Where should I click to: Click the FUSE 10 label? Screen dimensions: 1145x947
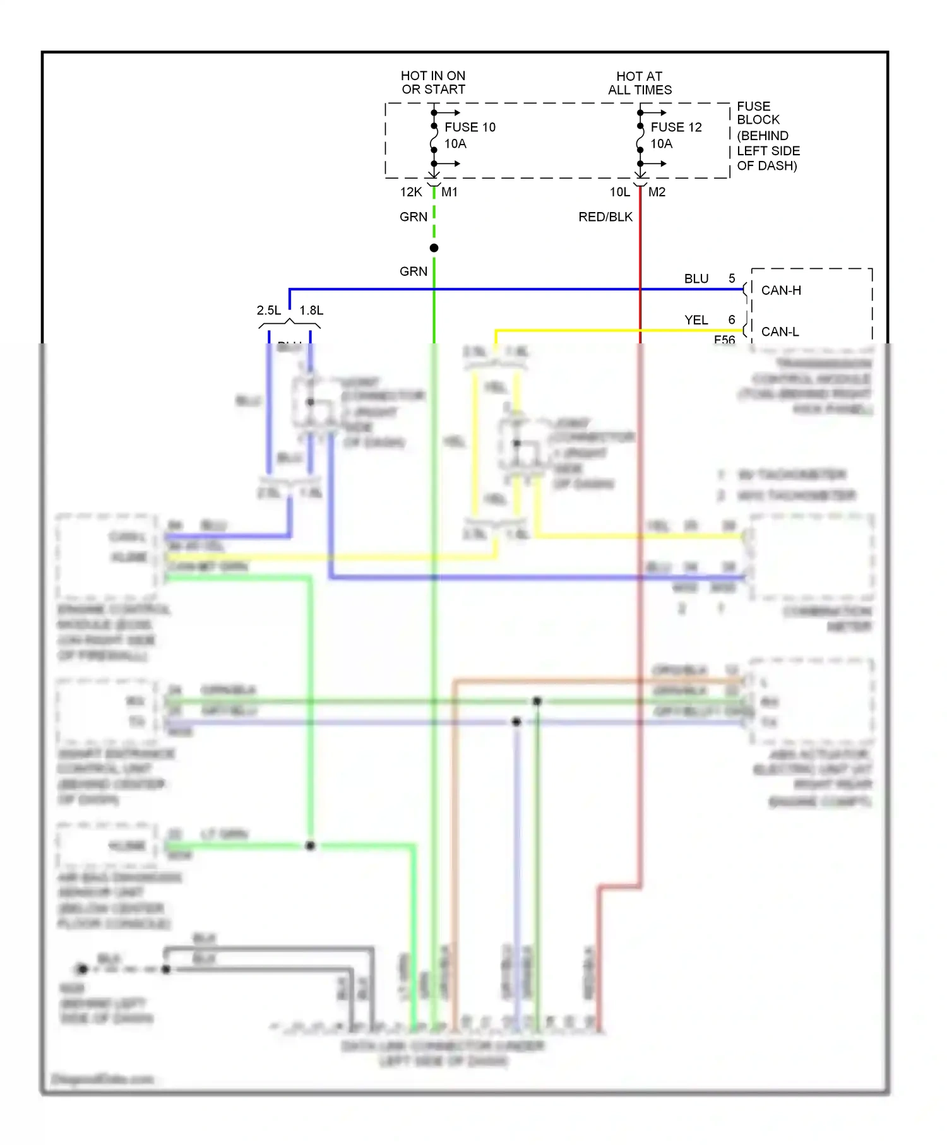pos(470,127)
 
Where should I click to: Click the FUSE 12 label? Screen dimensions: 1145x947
pos(676,127)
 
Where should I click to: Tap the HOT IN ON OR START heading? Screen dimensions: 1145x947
pos(433,83)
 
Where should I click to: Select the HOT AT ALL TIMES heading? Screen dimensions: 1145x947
pos(640,83)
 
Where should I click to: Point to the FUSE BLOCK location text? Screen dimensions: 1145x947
pos(768,136)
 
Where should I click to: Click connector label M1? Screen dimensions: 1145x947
pos(450,192)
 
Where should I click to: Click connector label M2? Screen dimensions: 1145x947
pos(657,192)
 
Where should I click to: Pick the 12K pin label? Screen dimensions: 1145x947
pos(411,192)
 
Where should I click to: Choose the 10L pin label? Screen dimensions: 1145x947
pos(620,192)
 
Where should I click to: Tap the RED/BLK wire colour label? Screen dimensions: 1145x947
pos(605,217)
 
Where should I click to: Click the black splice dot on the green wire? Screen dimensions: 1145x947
pos(434,248)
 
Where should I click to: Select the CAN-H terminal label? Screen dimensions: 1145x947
pos(781,290)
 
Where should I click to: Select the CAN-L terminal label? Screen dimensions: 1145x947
pos(780,331)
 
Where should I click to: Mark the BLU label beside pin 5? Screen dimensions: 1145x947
pos(696,278)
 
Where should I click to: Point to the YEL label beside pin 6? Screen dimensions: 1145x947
pos(696,320)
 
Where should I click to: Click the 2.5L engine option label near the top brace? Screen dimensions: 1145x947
pos(269,310)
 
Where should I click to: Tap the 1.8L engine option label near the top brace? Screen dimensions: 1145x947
pos(311,310)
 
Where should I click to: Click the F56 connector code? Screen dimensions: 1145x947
pos(724,340)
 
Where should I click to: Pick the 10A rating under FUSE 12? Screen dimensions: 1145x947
pos(662,144)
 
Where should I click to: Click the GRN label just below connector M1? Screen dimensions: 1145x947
pos(414,217)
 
